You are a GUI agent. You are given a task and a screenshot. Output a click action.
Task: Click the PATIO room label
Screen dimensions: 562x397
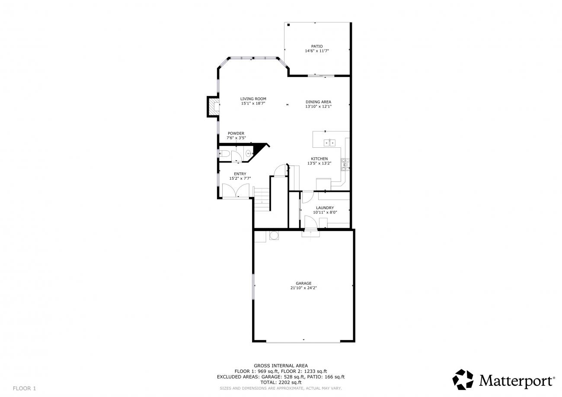[x=317, y=46]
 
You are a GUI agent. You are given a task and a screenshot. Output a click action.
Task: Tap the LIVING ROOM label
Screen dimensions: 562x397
[x=253, y=99]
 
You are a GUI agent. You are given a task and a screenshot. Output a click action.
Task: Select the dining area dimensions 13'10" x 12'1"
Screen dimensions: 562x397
[x=318, y=106]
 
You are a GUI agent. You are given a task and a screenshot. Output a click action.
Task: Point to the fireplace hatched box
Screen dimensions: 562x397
[x=214, y=107]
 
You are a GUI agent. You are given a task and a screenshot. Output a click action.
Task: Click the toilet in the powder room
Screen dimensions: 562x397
[x=224, y=153]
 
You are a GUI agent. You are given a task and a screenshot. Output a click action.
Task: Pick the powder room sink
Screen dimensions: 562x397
[x=249, y=152]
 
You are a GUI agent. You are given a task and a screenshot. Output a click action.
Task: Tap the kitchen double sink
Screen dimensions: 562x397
[x=329, y=143]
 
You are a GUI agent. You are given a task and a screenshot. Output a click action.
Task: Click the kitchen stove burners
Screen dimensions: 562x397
[x=345, y=165]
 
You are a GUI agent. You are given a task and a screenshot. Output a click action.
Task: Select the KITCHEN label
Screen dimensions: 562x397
[x=319, y=159]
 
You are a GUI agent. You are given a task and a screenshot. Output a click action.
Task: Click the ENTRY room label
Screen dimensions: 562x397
[x=240, y=174]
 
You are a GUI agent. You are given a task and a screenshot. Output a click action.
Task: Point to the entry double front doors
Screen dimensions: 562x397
[x=236, y=191]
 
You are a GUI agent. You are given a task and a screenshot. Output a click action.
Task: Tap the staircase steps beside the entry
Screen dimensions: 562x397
[x=262, y=199]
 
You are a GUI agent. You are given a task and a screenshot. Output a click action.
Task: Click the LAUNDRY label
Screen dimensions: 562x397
[x=325, y=208]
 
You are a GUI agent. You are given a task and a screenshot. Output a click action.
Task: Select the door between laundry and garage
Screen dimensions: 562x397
[x=310, y=222]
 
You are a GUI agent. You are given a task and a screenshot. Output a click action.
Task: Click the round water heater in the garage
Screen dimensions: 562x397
[x=274, y=235]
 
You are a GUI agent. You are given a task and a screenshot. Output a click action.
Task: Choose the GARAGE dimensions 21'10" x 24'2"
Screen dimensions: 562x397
[x=303, y=288]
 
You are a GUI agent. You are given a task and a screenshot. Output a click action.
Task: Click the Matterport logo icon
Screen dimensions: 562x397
[x=463, y=379]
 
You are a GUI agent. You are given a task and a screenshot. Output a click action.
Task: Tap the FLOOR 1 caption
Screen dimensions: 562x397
[x=24, y=388]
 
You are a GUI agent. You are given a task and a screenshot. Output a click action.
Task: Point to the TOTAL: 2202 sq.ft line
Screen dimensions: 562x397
[x=281, y=382]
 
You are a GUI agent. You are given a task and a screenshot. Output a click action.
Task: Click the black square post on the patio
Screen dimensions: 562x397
[x=288, y=25]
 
